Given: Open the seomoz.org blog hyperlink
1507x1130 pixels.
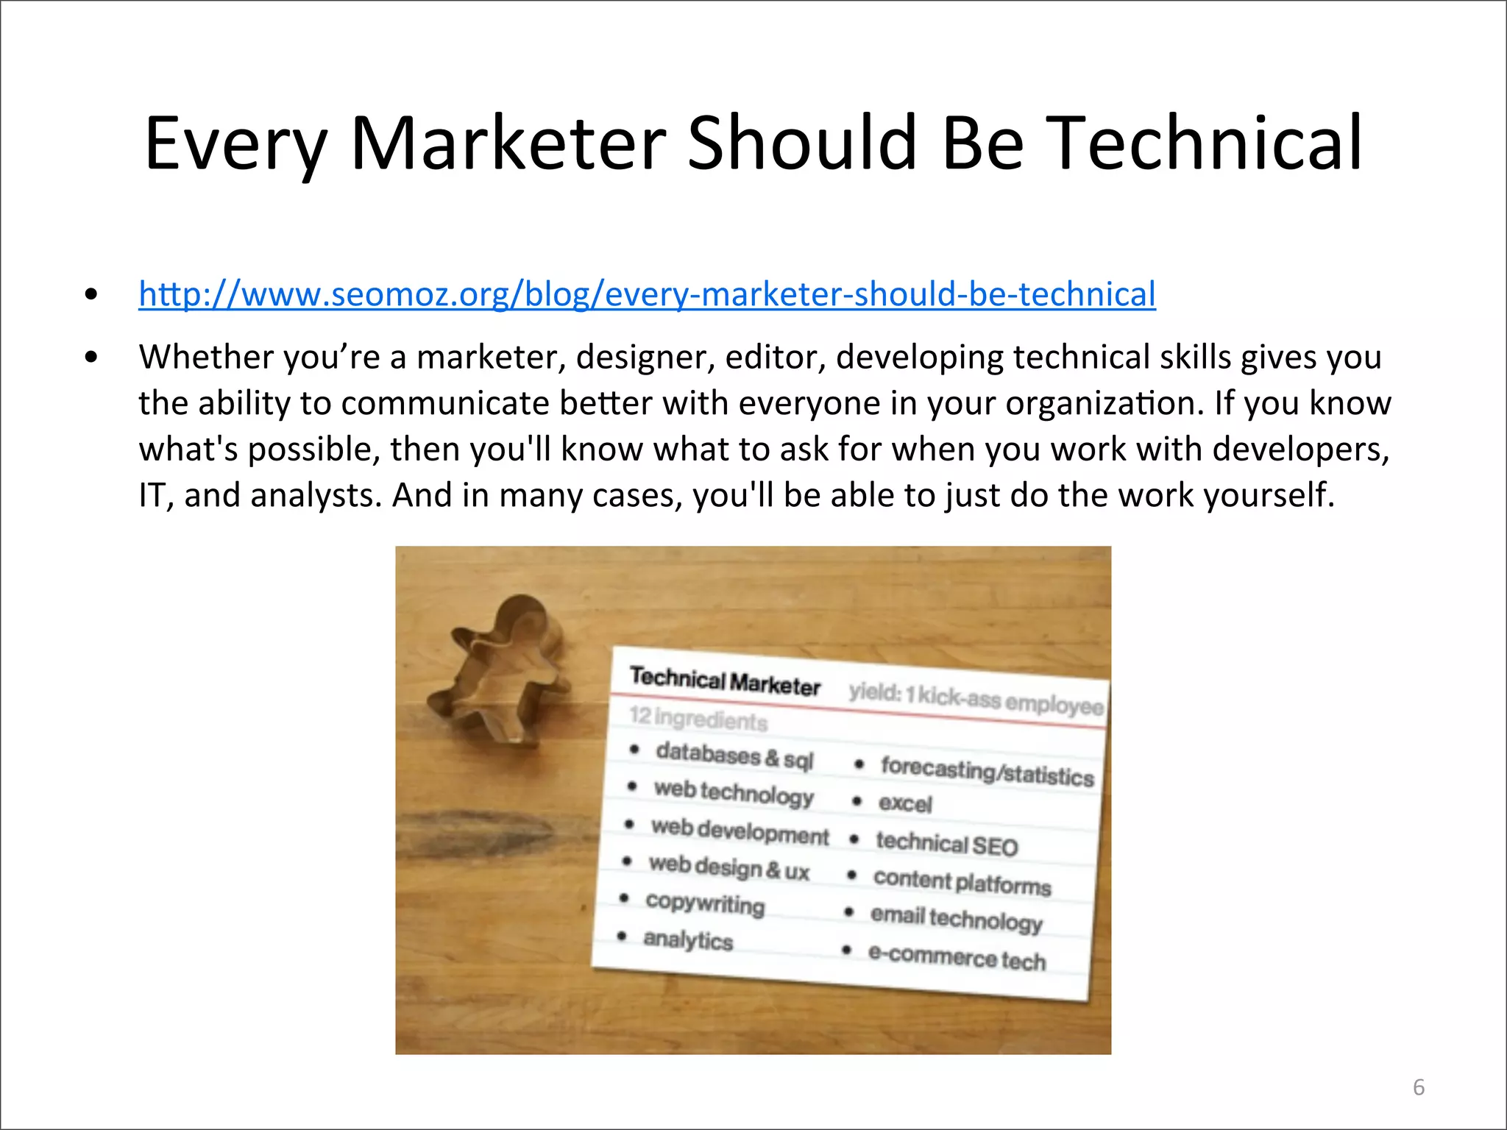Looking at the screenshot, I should tap(647, 294).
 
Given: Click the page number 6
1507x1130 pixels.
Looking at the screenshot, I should tap(1419, 1087).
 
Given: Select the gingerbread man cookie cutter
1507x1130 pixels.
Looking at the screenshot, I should tap(500, 669).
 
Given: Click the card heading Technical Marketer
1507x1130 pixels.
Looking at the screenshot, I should tap(725, 681).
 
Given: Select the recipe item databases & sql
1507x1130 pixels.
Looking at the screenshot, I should tap(734, 756).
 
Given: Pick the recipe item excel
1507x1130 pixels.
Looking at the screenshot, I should tap(905, 803).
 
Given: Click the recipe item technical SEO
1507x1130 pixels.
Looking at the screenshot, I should tap(946, 844).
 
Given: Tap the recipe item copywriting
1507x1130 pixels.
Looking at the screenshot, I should tap(705, 903).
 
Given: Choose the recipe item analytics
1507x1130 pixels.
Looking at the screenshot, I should tap(688, 940).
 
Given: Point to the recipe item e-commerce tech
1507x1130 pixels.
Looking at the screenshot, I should tap(957, 958).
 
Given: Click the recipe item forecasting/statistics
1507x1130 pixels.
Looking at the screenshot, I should tap(987, 771).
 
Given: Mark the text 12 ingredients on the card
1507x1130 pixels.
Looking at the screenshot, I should tap(698, 717).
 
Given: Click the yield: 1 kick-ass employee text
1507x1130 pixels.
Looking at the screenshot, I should tap(976, 698).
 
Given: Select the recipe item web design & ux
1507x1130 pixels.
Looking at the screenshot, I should tap(728, 867).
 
